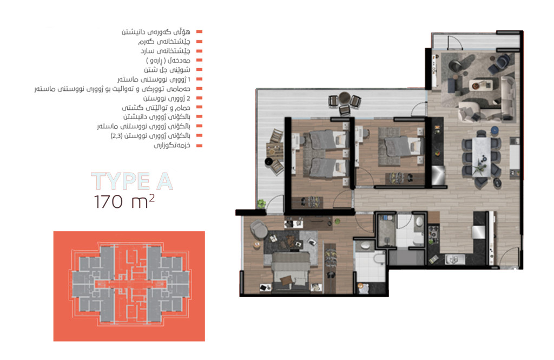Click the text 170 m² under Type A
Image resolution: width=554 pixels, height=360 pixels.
(124, 202)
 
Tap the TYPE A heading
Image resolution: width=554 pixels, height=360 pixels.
(132, 181)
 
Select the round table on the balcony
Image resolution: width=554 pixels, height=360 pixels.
(344, 96)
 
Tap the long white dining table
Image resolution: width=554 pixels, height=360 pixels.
(481, 156)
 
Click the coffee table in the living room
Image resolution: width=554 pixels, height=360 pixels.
(480, 85)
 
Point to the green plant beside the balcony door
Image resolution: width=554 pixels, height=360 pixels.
(261, 204)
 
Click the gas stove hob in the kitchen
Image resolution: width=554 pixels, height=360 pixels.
(433, 233)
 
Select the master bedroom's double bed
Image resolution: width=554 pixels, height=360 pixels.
(291, 271)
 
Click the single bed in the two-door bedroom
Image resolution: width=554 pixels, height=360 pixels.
(401, 146)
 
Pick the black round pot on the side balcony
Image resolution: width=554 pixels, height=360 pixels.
(269, 162)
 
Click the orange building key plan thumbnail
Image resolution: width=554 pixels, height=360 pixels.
(129, 286)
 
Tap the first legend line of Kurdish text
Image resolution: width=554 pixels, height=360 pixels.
(156, 32)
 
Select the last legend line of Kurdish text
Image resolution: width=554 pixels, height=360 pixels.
(172, 145)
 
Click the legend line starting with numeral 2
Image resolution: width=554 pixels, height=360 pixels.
(167, 99)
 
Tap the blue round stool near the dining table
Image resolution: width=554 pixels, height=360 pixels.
(494, 130)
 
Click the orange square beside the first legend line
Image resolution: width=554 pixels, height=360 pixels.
(199, 32)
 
